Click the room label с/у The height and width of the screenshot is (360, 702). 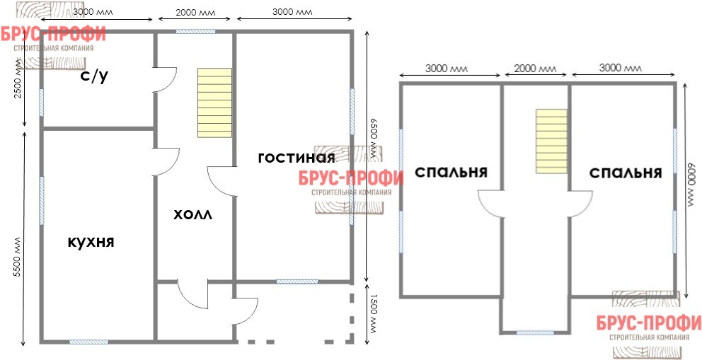pyautogui.click(x=94, y=77)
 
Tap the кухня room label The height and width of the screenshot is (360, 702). pyautogui.click(x=91, y=242)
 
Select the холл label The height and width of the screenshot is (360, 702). pyautogui.click(x=193, y=215)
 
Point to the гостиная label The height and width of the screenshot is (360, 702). pyautogui.click(x=297, y=158)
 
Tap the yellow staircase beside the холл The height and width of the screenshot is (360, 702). pyautogui.click(x=215, y=103)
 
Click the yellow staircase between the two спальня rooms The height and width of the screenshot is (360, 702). pyautogui.click(x=551, y=141)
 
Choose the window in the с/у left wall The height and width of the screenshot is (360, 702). pyautogui.click(x=41, y=103)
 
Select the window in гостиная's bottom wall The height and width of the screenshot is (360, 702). pyautogui.click(x=297, y=281)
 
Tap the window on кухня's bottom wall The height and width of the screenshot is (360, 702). pyautogui.click(x=88, y=342)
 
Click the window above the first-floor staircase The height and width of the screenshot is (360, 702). pyautogui.click(x=195, y=31)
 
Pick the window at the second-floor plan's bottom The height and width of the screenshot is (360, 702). pyautogui.click(x=535, y=332)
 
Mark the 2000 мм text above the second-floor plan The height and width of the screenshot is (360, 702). pyautogui.click(x=535, y=69)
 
